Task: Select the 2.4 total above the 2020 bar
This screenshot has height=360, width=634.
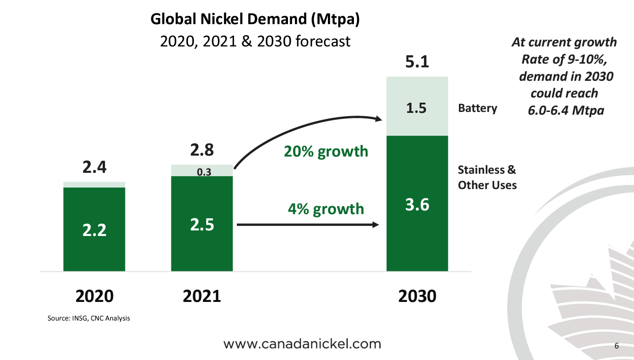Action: point(94,167)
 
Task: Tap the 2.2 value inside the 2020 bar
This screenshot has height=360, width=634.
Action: point(94,230)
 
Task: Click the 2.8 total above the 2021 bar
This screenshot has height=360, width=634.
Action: point(202,151)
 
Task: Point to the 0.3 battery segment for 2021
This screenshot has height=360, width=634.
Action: point(202,172)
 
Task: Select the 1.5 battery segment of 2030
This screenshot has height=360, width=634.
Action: point(417,108)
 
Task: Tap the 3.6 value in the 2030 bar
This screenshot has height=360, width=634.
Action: point(417,204)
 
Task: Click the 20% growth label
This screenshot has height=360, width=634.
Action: point(326,151)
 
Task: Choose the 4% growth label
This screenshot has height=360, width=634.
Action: point(326,209)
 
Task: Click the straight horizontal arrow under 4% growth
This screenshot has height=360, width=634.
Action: point(307,225)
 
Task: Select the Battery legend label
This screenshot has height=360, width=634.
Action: point(477,108)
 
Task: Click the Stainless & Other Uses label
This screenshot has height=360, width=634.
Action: point(487,177)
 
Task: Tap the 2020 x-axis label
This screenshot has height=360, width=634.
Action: point(94,296)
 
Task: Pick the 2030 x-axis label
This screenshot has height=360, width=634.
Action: point(417,296)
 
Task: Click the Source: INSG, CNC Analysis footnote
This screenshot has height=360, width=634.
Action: point(89,319)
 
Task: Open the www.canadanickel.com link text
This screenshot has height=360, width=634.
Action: point(302,344)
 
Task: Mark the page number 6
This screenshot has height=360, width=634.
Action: point(617,346)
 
